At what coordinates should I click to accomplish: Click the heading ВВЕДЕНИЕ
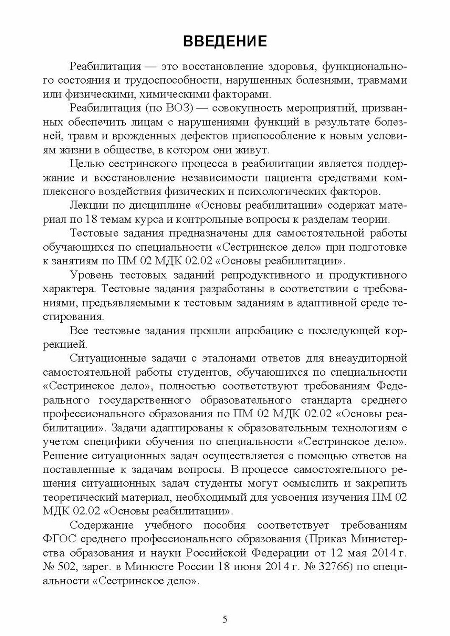click(225, 42)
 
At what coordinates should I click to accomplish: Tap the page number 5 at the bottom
click(225, 619)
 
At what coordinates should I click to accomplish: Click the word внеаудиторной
click(366, 358)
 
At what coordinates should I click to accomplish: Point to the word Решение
click(65, 456)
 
